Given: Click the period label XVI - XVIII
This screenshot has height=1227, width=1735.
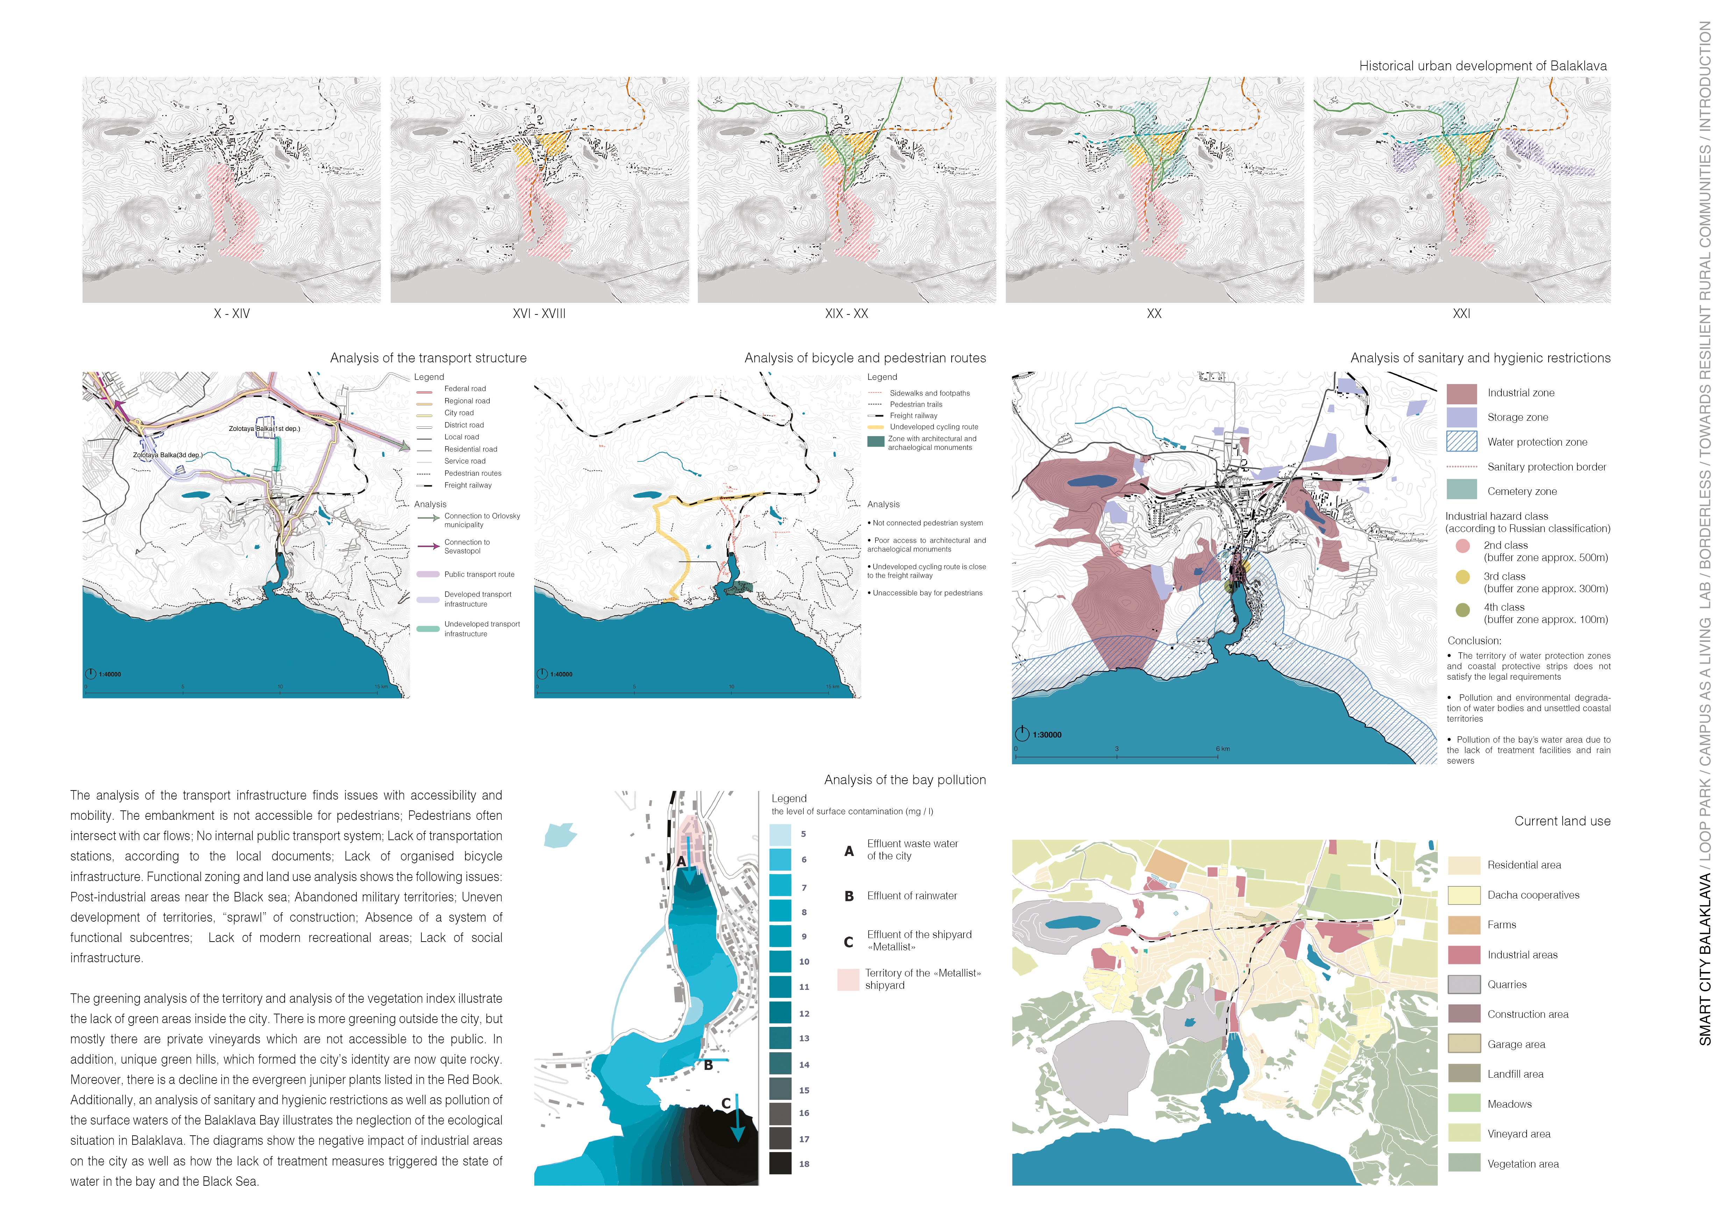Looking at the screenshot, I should [x=539, y=313].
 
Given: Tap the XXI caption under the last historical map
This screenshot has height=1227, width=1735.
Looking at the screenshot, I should [x=1462, y=313].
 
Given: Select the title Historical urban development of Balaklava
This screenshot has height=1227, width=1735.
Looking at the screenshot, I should [x=1482, y=66].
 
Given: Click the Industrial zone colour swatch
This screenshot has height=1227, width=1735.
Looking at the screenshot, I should [x=1462, y=393].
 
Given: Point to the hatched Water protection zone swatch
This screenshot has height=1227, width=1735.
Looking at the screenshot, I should [x=1462, y=441].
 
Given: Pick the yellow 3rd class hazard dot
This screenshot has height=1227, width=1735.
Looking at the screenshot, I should [x=1462, y=576].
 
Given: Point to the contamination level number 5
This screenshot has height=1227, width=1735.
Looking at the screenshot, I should [x=803, y=834].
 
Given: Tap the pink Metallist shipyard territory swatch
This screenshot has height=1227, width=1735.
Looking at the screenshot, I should [x=848, y=979].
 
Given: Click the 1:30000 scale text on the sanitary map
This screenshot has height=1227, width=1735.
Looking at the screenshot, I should [x=1047, y=735].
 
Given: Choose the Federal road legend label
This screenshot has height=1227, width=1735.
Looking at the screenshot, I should [x=465, y=388].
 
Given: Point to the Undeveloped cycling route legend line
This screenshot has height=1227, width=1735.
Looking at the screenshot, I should [x=875, y=427].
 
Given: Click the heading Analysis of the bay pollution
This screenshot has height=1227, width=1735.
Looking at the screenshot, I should [x=904, y=780].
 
